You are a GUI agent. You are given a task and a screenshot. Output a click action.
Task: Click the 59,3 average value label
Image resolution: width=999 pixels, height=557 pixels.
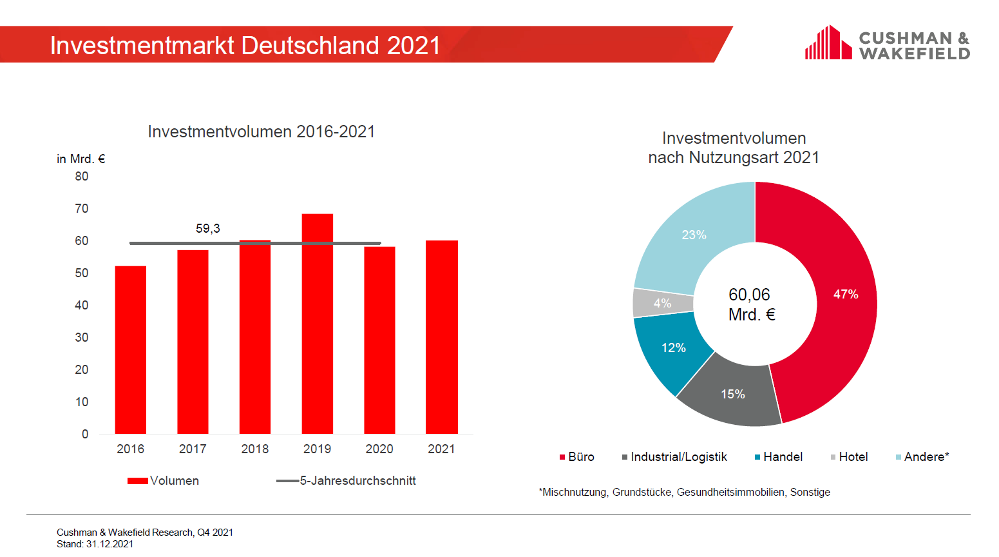[x=207, y=229]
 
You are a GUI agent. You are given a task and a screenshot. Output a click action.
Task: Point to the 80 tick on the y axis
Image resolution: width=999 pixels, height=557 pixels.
[x=82, y=177]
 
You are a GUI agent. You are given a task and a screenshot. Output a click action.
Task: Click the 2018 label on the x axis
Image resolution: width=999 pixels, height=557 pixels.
[x=254, y=449]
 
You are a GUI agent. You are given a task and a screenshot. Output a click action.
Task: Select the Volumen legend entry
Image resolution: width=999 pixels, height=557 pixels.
[x=164, y=481]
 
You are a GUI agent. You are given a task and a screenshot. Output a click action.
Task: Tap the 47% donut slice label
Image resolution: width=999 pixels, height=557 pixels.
[x=845, y=295]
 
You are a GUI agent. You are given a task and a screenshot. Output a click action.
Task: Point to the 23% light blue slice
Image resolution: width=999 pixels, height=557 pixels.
[x=694, y=235]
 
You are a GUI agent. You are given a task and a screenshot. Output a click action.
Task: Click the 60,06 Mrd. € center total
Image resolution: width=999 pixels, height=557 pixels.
[x=751, y=304]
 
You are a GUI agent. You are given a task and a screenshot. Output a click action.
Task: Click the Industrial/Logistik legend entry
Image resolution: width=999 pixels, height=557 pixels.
[x=674, y=457]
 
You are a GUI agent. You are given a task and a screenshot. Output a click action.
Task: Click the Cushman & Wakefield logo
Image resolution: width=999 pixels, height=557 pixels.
[x=887, y=44]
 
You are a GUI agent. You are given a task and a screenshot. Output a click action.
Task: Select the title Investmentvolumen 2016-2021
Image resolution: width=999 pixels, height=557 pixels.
[x=261, y=132]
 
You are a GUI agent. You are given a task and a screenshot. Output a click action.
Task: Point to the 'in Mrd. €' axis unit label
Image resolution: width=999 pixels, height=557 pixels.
[x=81, y=159]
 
